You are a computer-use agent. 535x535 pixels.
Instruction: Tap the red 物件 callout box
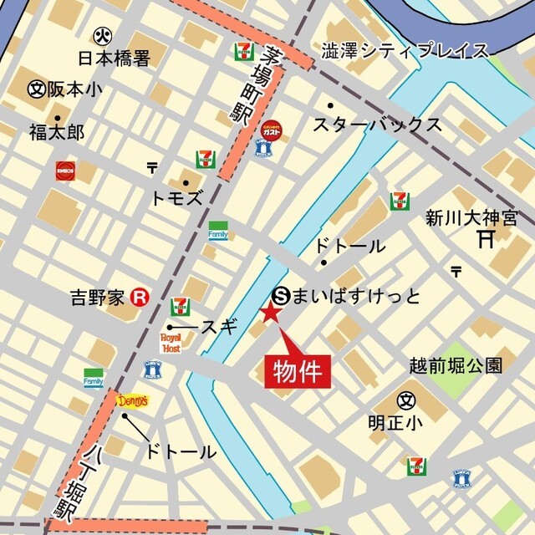(x=298, y=370)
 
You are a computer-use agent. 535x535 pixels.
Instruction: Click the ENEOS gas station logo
(x=66, y=171)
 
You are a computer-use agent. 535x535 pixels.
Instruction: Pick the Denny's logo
(x=132, y=401)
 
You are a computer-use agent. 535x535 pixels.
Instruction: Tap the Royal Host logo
(x=171, y=343)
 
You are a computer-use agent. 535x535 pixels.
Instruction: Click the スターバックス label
(x=377, y=125)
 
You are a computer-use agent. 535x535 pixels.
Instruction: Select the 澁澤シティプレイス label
(x=405, y=51)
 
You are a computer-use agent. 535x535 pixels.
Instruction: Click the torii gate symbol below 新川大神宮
(x=486, y=240)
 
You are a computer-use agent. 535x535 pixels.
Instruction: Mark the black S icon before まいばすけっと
(x=282, y=294)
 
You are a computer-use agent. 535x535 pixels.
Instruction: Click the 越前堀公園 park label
(x=456, y=365)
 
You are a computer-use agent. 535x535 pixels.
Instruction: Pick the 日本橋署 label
(x=114, y=59)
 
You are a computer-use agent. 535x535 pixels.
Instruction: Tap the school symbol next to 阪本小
(x=36, y=89)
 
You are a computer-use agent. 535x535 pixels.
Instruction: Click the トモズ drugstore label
(x=176, y=198)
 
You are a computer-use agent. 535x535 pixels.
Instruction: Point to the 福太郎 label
(x=56, y=131)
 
